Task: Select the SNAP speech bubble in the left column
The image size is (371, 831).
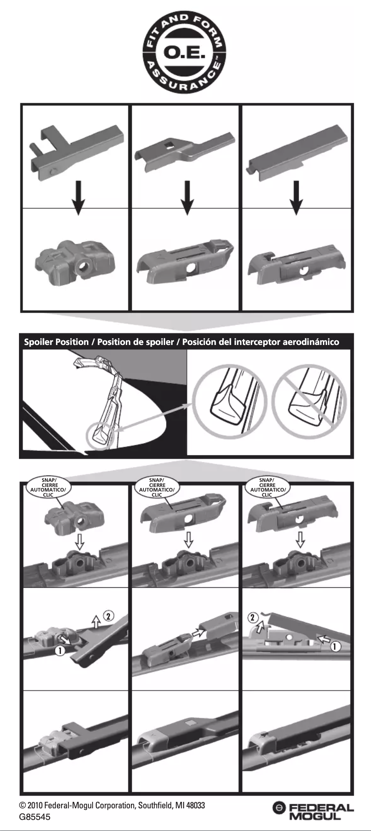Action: coord(48,487)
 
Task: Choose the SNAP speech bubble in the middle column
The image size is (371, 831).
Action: coord(157,487)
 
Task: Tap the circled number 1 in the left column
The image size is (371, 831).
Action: coord(60,651)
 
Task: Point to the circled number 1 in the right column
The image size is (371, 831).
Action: coord(335,646)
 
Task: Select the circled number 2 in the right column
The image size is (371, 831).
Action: coord(253,617)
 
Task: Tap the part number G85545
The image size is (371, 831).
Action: coord(35,817)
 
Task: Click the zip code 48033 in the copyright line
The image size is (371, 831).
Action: coord(195,805)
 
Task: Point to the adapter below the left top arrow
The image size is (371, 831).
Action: coord(76,262)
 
